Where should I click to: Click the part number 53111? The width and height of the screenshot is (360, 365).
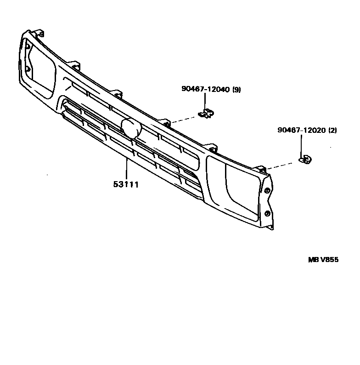pyautogui.click(x=126, y=184)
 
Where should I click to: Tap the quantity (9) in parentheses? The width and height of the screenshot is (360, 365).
pyautogui.click(x=236, y=90)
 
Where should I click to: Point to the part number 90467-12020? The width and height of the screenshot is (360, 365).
pyautogui.click(x=301, y=131)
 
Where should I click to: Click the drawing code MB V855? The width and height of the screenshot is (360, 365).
pyautogui.click(x=323, y=260)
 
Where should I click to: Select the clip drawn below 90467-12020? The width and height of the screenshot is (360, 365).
pyautogui.click(x=304, y=160)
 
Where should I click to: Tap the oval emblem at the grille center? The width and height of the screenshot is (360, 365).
pyautogui.click(x=131, y=128)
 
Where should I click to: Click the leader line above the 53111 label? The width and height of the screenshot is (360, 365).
pyautogui.click(x=126, y=168)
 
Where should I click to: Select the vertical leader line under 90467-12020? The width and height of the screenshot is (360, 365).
pyautogui.click(x=301, y=145)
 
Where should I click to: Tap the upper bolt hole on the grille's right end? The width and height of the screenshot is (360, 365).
pyautogui.click(x=267, y=190)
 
